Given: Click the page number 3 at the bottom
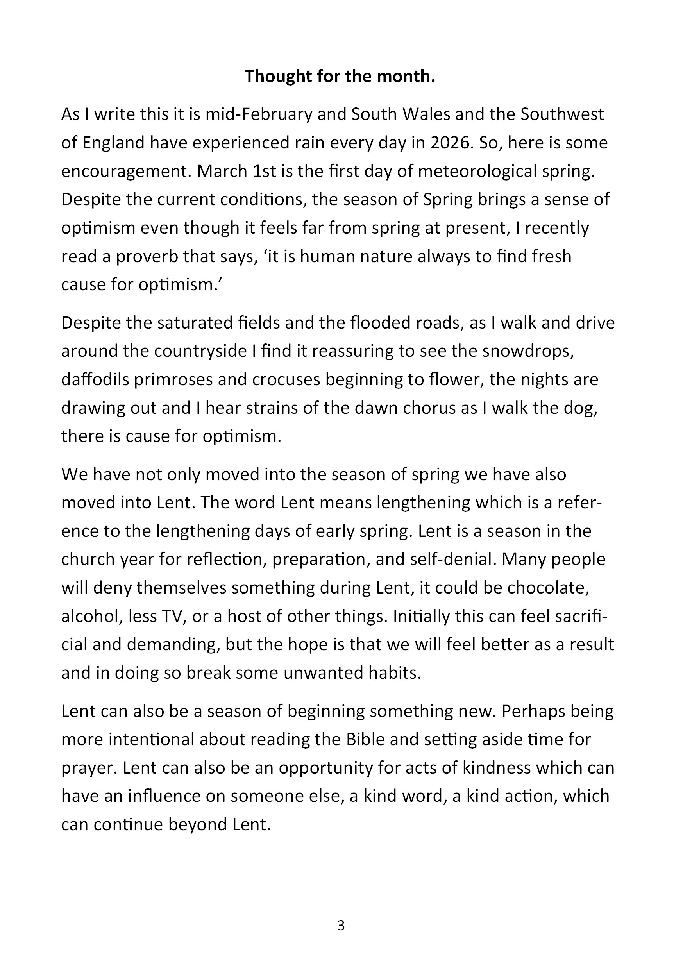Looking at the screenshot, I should pyautogui.click(x=341, y=926).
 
